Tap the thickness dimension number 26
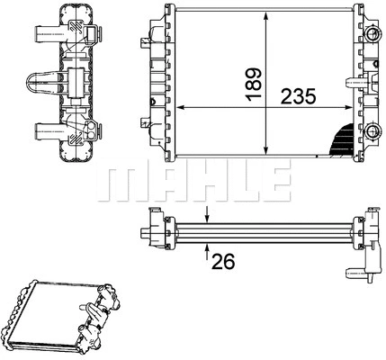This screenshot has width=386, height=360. coord(223,262)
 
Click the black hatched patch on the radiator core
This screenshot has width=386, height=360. coord(340,139)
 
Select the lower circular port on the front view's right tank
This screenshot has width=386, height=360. coord(371,129)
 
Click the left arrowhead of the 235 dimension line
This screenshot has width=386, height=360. coord(177,107)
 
